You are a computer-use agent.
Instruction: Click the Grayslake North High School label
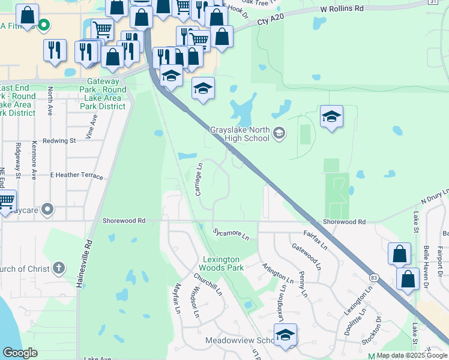pyautogui.click(x=239, y=134)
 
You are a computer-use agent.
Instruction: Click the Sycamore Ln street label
pyautogui.click(x=231, y=232)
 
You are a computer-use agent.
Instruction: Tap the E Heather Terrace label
pyautogui.click(x=77, y=175)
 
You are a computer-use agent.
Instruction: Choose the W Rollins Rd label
pyautogui.click(x=342, y=9)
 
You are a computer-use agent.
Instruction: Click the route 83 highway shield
pyautogui.click(x=374, y=278)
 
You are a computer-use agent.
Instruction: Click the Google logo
pyautogui.click(x=20, y=353)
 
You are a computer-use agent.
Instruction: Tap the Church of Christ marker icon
pyautogui.click(x=58, y=268)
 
